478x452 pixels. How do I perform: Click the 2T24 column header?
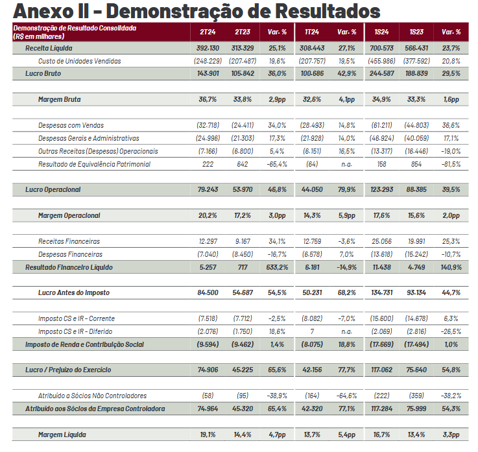[207, 32]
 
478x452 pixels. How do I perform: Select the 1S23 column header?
[416, 32]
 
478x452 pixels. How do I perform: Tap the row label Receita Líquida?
[49, 49]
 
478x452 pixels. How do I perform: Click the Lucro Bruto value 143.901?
[207, 73]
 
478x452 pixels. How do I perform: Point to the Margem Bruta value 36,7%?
[207, 100]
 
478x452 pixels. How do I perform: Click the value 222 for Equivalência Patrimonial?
[207, 164]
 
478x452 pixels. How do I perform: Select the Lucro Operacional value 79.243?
[207, 190]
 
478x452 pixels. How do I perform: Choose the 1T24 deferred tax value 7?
[312, 331]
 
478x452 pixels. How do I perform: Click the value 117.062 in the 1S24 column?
[381, 370]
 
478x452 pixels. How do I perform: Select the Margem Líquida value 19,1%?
[207, 434]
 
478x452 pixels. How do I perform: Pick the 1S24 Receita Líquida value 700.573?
[381, 49]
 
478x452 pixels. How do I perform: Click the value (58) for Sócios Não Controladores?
[207, 396]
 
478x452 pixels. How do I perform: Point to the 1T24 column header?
[312, 32]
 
